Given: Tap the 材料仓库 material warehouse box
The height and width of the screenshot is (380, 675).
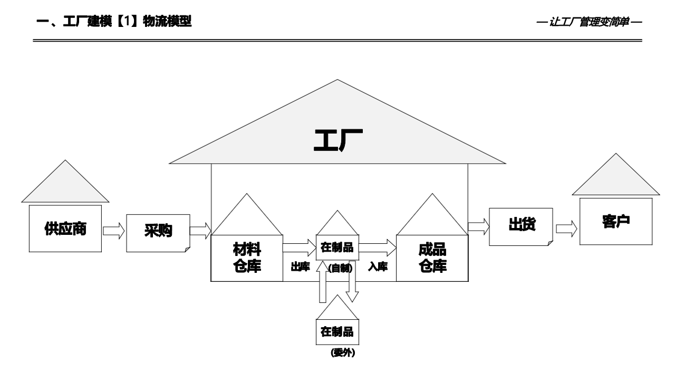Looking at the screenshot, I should pos(247,258).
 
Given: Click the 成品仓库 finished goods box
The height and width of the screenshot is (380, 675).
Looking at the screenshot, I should pos(432,258).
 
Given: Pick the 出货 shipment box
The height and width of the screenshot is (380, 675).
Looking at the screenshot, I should pos(521,225).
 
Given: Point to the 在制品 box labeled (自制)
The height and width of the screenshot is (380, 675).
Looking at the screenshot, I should pos(337,247).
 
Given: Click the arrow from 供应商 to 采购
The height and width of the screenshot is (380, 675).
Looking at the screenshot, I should pos(113,231).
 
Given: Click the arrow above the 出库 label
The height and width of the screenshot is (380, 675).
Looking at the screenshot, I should pos(299,247).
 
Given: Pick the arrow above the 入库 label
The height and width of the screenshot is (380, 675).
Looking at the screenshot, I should pos(377,247).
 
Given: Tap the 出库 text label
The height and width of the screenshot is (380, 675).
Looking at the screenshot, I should pos(300,267).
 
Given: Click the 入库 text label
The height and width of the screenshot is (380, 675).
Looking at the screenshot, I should pos(378,267).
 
